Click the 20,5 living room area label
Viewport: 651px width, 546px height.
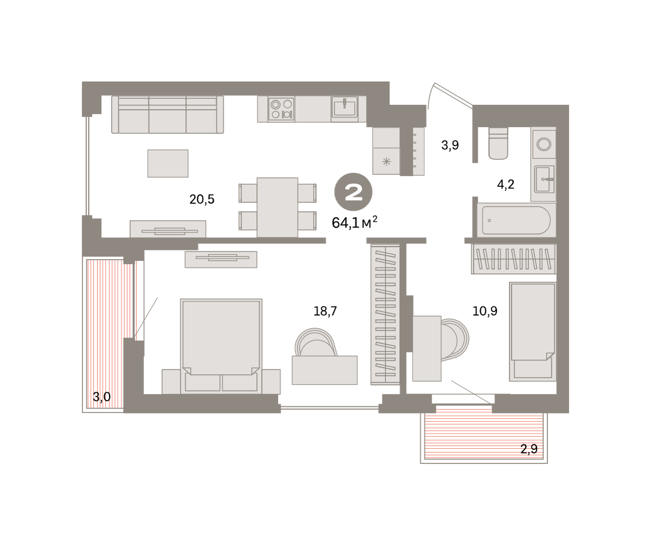coord(202,199)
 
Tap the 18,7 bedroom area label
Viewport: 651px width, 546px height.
coord(325,311)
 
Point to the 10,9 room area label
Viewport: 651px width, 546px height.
coord(485,311)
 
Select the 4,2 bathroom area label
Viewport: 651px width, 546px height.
coord(506,185)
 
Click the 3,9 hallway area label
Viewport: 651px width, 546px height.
coord(450,145)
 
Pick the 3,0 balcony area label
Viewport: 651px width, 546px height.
coord(101,397)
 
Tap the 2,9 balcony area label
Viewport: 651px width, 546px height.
coord(529,449)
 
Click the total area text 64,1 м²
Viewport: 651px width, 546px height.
coord(354,222)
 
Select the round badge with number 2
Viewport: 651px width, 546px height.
coord(353,192)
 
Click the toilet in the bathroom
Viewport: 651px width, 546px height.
coord(498,143)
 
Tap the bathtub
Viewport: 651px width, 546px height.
coord(516,220)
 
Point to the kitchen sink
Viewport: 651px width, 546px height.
coord(344,107)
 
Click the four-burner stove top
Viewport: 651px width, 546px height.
coord(281,109)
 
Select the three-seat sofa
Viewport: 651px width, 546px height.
coord(168,115)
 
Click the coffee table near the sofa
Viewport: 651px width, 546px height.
coord(168,164)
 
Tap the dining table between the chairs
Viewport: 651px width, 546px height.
coord(277,208)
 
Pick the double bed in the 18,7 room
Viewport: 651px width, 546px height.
coord(221,346)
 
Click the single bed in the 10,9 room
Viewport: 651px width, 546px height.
coord(533,331)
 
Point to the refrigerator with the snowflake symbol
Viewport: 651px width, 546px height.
coord(386,161)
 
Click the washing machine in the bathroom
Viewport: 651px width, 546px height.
coord(544,144)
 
